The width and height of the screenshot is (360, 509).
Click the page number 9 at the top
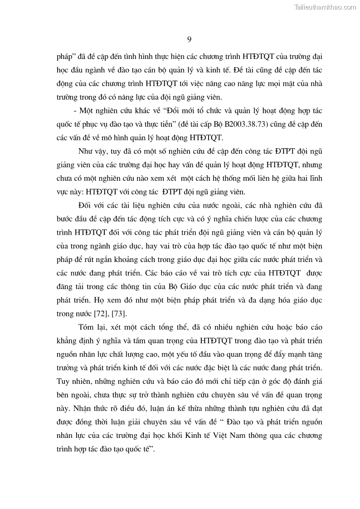[189, 39]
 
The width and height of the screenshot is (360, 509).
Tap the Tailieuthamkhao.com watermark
[325, 7]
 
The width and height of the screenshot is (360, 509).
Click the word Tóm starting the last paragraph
[86, 328]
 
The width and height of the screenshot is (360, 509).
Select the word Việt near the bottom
[253, 436]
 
